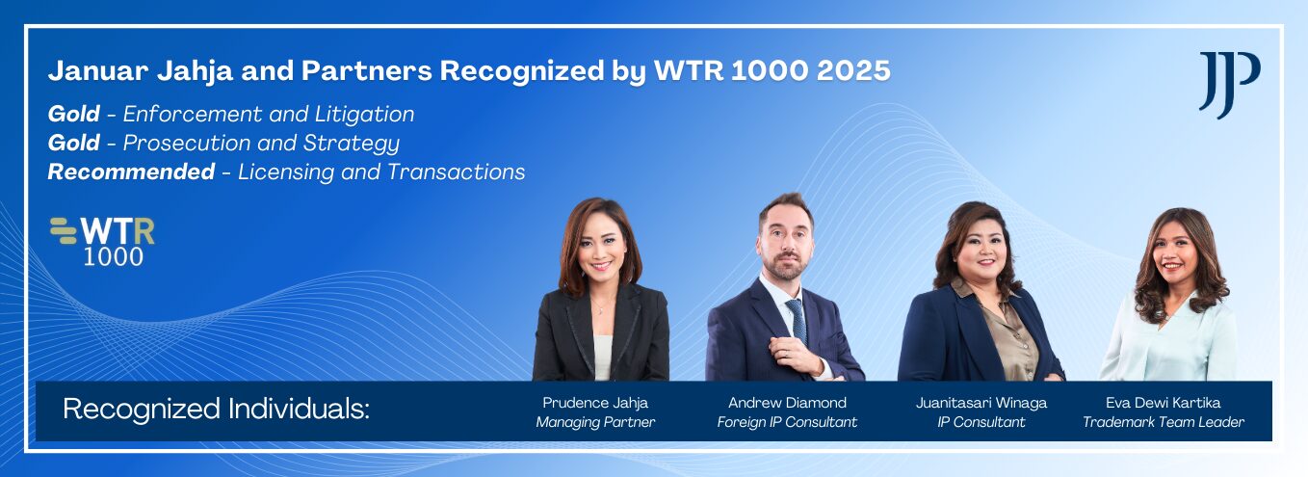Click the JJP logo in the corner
[x=1229, y=85]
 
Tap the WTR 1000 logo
[x=102, y=242]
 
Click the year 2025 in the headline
[x=853, y=70]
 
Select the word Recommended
[x=131, y=172]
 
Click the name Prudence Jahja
[x=595, y=403]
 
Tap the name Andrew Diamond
[x=787, y=403]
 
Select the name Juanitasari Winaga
[x=981, y=403]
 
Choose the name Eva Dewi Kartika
[x=1163, y=403]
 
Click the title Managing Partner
[x=595, y=422]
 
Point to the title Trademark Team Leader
[x=1164, y=422]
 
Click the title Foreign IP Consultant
[x=787, y=422]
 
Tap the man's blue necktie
[x=798, y=322]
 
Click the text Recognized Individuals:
[x=216, y=409]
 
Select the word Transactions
[x=456, y=172]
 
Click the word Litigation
[x=364, y=115]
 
